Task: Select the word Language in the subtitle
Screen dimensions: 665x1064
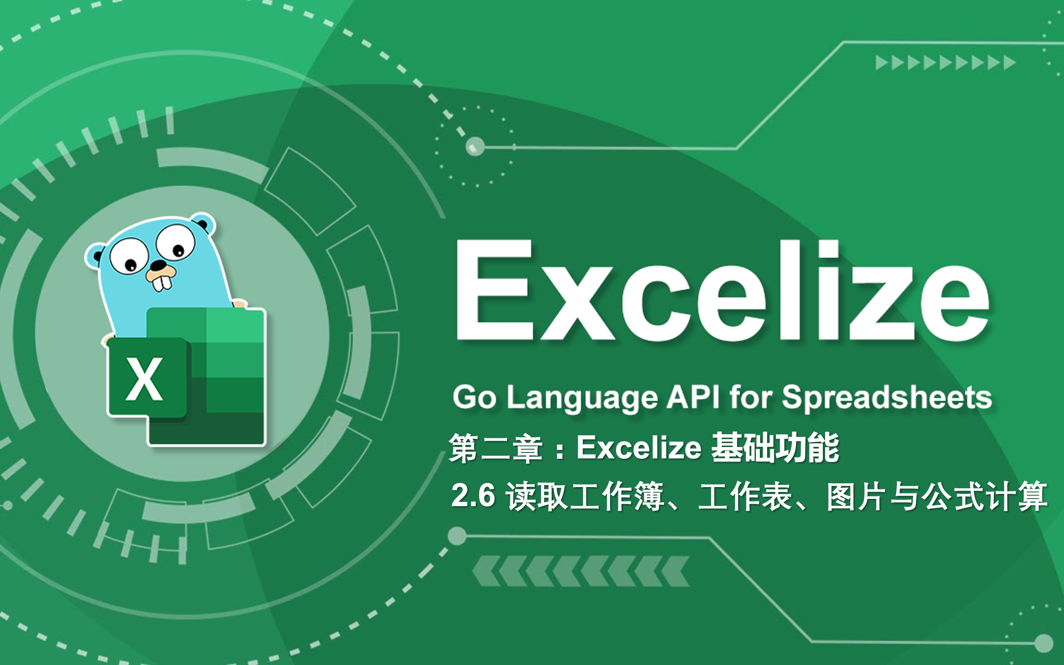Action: coord(582,398)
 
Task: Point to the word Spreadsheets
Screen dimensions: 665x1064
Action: coord(886,398)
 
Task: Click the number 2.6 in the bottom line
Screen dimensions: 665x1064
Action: coord(473,495)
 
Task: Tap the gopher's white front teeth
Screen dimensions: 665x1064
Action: coord(162,283)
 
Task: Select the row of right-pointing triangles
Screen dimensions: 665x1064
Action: coord(945,63)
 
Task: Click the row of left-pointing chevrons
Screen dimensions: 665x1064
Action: coord(580,571)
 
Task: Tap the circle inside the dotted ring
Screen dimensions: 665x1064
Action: coord(474,146)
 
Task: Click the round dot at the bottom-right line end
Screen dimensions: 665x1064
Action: coord(1042,643)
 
